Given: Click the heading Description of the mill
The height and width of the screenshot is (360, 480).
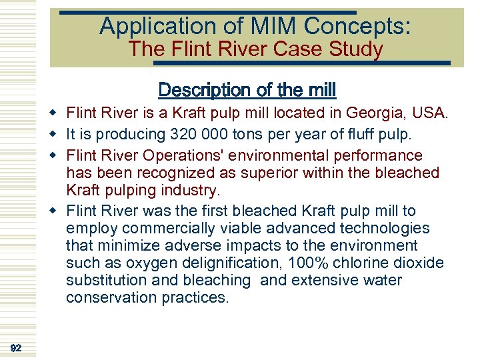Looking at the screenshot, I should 247,89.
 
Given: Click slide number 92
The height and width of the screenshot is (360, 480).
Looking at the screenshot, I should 17,348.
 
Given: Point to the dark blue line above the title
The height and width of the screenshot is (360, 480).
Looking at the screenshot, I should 207,12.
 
